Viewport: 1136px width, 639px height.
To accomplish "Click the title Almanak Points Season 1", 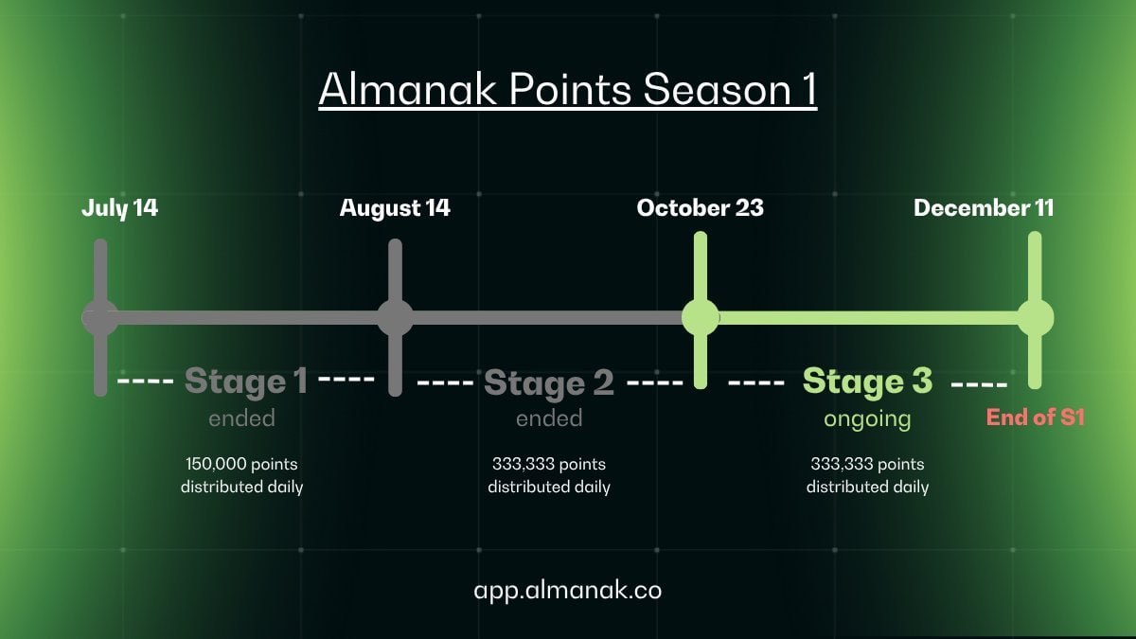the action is tap(568, 89).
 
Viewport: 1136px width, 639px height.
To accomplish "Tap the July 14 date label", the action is tap(119, 208).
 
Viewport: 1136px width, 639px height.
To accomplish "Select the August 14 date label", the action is tap(395, 208).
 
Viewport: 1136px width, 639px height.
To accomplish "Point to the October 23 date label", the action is tap(700, 208).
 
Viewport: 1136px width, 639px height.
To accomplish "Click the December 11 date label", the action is tap(984, 208).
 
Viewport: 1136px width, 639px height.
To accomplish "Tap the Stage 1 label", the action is tap(246, 382).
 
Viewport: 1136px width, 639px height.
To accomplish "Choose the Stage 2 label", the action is tap(549, 382).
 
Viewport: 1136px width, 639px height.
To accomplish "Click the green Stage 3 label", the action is tap(867, 382).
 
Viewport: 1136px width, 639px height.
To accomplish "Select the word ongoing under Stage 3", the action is tap(867, 419).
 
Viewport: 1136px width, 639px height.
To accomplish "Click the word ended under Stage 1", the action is tap(242, 418).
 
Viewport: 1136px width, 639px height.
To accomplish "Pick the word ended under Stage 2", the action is tap(549, 418).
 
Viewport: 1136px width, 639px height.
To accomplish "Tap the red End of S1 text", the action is tap(1036, 417).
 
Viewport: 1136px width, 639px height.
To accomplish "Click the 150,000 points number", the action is tap(242, 464).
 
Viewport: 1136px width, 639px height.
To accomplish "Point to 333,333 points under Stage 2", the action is tap(549, 464).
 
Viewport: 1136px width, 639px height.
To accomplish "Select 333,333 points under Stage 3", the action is tap(868, 464).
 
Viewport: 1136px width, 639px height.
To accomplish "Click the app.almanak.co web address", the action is tap(568, 591).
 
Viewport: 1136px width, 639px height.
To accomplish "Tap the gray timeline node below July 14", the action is tap(100, 318).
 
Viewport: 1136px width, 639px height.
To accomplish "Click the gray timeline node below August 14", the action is tap(395, 318).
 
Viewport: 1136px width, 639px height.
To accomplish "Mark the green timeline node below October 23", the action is tap(701, 318).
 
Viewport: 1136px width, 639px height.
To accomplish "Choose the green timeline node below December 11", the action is tap(1035, 318).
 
